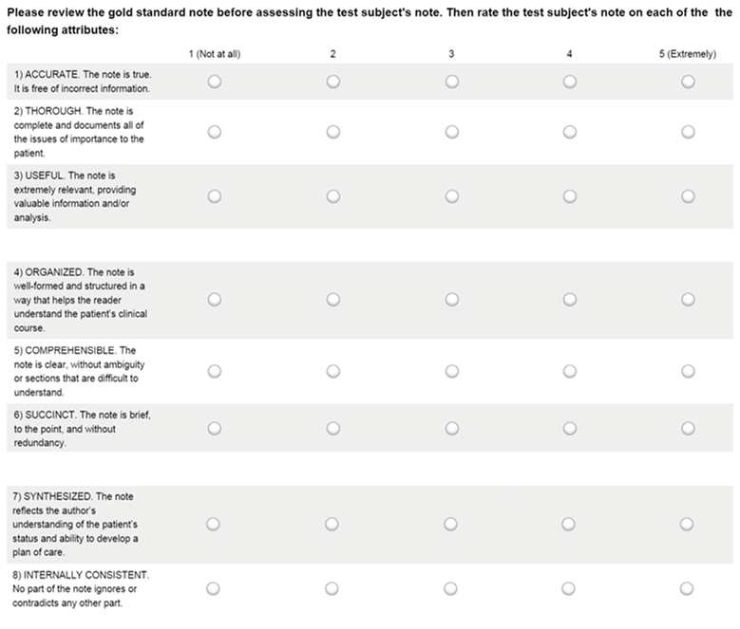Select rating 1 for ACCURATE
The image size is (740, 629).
point(214,82)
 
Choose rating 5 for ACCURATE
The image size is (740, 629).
point(688,82)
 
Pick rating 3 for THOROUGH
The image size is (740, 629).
point(451,132)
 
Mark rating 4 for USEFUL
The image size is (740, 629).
point(569,196)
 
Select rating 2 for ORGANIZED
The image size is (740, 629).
point(332,299)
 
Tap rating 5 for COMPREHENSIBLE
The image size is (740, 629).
point(688,371)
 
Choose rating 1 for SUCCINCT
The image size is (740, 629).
point(214,428)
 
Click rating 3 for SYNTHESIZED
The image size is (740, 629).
point(451,524)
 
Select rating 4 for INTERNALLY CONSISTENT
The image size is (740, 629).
point(569,588)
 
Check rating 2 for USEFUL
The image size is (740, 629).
point(332,196)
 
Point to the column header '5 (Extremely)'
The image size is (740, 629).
point(687,54)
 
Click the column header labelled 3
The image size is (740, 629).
point(451,54)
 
